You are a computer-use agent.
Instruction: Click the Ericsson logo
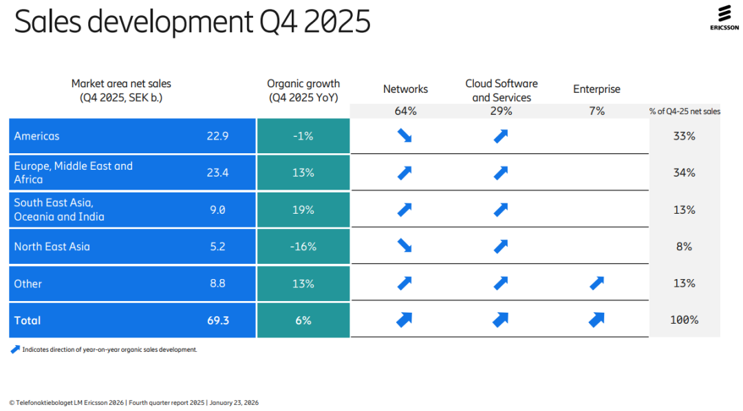(x=724, y=17)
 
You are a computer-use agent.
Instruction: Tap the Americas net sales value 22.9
(x=217, y=136)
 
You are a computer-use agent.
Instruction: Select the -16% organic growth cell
(x=303, y=247)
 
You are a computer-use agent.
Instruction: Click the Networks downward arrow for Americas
(x=405, y=136)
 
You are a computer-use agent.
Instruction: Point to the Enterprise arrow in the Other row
(x=596, y=283)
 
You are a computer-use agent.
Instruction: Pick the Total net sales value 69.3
(x=218, y=320)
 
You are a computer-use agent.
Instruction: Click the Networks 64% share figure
(x=406, y=111)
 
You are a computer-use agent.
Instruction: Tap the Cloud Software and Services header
(x=502, y=91)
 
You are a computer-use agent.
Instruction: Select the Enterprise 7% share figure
(x=596, y=111)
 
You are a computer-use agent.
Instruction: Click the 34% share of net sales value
(x=685, y=173)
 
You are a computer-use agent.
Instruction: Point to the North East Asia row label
(x=52, y=247)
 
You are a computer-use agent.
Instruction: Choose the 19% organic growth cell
(x=303, y=210)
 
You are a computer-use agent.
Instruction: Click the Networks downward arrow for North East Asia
(x=405, y=246)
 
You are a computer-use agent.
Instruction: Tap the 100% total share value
(x=685, y=320)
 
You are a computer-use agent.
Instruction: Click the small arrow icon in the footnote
(x=15, y=349)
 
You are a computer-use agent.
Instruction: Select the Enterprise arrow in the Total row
(x=596, y=320)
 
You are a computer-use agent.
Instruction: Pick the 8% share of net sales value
(x=685, y=247)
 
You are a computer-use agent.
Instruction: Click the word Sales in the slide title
(x=48, y=21)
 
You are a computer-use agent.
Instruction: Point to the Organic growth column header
(x=303, y=91)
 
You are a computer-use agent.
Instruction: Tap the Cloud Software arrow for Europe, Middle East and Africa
(x=501, y=173)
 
